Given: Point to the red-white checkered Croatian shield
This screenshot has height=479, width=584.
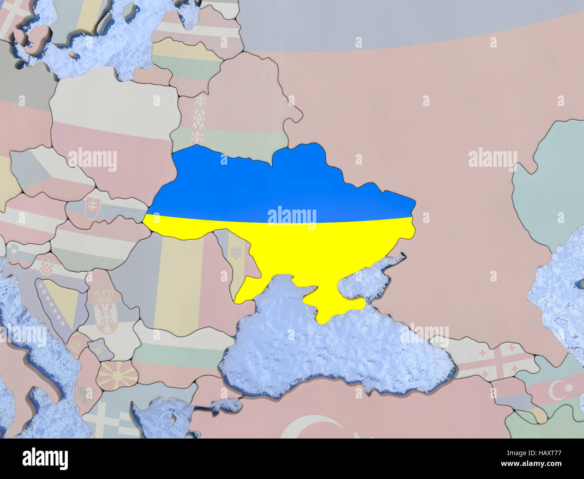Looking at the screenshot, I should (46, 267).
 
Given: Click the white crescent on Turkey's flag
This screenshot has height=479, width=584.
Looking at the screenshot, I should (310, 427).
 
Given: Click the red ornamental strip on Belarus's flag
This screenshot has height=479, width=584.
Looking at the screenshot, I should (198, 119).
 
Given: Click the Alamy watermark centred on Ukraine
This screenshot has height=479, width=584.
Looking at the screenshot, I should (292, 216).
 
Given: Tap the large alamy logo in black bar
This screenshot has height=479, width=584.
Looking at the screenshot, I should (45, 459).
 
